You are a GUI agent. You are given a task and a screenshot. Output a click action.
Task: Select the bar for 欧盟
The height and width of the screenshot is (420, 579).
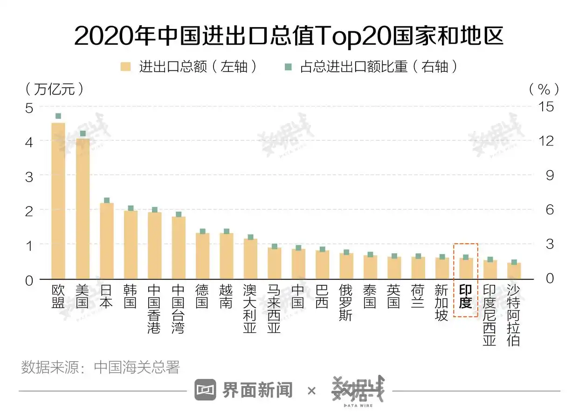pos(58,200)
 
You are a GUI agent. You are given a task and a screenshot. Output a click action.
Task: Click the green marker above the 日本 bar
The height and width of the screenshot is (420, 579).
pos(107,200)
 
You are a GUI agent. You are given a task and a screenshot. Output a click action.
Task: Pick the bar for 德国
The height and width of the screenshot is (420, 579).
pos(202,256)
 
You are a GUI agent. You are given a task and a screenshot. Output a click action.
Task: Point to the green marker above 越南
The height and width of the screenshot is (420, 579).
pos(227,231)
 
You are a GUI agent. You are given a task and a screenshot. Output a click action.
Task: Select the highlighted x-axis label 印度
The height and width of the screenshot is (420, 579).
pos(465,297)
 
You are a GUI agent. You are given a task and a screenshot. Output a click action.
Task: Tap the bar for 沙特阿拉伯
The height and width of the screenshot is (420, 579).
pos(514,271)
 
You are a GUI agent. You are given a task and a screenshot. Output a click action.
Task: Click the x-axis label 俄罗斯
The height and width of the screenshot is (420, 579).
pos(346,303)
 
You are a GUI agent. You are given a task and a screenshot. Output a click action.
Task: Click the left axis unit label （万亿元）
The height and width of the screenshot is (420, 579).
pos(55,89)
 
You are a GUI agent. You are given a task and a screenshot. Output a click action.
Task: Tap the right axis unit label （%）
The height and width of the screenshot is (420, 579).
pos(544,89)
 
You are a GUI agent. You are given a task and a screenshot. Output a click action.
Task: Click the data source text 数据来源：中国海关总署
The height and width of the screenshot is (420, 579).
pos(101,367)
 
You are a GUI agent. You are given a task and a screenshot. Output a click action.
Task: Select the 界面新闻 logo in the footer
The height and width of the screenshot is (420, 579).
pos(244,390)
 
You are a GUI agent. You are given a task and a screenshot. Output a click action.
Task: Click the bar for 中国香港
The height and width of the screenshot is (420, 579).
pos(154,246)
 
